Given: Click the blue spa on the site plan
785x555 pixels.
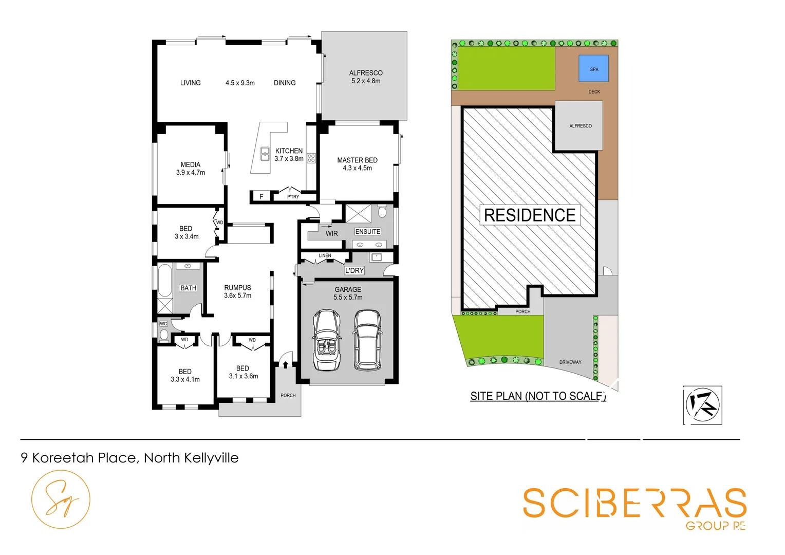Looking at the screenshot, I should [x=593, y=68].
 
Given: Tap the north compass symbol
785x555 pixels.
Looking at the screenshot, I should [x=702, y=405].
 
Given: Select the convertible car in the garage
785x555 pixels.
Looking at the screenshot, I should [x=327, y=340].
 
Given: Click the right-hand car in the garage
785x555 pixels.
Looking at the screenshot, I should [x=367, y=340].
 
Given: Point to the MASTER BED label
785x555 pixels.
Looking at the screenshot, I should [x=357, y=160].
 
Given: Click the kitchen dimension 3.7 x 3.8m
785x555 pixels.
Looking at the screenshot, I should [x=289, y=159].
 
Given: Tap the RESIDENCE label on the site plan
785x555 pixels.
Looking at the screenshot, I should [x=530, y=215].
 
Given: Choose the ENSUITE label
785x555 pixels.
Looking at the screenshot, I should [x=368, y=232].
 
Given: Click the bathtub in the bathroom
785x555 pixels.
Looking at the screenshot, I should [x=165, y=281].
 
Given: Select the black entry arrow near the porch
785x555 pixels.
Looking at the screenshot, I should [x=286, y=364].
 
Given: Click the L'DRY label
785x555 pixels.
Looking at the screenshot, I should [x=354, y=270].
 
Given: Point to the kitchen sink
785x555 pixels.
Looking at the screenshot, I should [x=265, y=154].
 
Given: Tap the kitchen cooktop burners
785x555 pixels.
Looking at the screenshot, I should [x=311, y=158].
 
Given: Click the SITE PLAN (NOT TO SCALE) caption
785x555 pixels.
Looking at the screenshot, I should [x=538, y=396].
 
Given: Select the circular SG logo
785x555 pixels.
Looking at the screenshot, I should [x=61, y=499].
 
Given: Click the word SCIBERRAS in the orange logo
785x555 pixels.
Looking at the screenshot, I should [x=634, y=503].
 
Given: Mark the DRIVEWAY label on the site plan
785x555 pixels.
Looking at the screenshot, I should [x=570, y=362].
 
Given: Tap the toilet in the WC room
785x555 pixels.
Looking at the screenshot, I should [x=164, y=335].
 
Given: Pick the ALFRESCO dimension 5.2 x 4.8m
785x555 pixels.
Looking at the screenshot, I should [x=366, y=81].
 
